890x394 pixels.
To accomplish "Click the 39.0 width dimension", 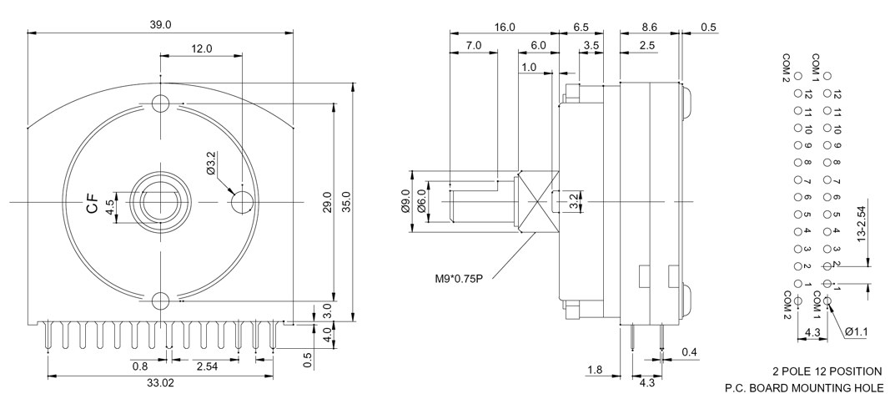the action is point(160,24).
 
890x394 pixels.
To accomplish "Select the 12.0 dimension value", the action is point(202,48).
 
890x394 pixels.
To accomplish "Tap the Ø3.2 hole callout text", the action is point(210,163).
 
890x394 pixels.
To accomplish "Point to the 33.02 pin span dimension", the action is point(159,383).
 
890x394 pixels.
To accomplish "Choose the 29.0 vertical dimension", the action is point(328,202).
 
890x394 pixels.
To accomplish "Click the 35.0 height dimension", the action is point(346,202).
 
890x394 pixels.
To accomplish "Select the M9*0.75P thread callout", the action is point(460,279).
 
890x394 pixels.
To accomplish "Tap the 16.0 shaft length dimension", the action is point(505,27).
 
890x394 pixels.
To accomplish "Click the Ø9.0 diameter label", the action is point(405,201).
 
